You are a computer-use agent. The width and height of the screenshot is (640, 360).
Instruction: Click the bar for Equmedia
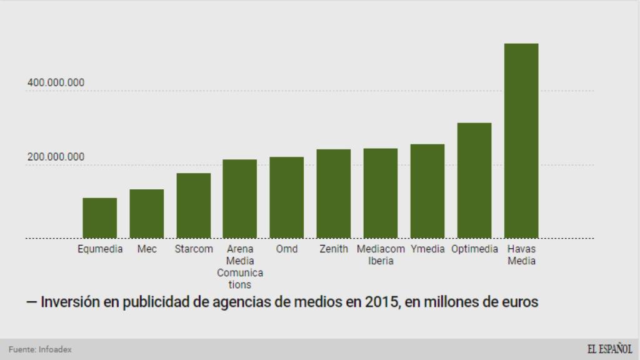tap(99, 217)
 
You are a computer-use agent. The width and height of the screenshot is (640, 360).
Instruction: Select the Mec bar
tap(146, 213)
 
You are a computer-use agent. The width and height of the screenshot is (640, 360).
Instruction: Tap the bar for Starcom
tap(193, 205)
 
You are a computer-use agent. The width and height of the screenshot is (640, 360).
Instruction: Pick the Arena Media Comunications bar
tap(240, 198)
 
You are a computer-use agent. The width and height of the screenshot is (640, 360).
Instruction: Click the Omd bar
tap(287, 197)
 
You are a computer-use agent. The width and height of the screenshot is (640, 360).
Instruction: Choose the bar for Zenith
tap(334, 193)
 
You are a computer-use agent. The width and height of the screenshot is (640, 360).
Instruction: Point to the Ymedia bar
tap(427, 191)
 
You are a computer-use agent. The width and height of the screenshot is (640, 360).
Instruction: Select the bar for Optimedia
tap(474, 180)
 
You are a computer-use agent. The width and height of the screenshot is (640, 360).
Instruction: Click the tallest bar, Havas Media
tap(521, 141)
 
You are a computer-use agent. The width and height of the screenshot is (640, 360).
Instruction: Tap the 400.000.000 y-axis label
tap(56, 83)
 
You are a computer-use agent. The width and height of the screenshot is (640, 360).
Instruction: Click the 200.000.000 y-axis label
tap(56, 157)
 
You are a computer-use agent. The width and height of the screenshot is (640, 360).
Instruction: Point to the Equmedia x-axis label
tap(100, 249)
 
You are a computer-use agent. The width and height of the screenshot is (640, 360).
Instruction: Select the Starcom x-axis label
tap(193, 249)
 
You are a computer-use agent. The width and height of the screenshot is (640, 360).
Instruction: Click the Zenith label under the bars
tap(334, 249)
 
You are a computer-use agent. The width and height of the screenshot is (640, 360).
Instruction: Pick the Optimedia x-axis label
tap(474, 249)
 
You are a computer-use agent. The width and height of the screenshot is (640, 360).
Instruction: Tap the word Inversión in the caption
tap(69, 302)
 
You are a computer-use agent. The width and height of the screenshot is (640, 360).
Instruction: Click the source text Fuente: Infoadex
tap(40, 349)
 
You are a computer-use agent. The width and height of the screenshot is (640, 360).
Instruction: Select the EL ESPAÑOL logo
tap(609, 349)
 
